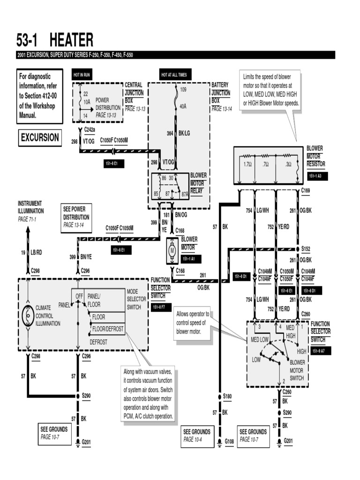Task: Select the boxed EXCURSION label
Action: (40, 138)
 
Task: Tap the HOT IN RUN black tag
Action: (81, 75)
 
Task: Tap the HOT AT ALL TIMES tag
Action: (174, 75)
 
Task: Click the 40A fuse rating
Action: (183, 106)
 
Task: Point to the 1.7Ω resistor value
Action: (248, 165)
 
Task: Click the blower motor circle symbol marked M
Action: (172, 251)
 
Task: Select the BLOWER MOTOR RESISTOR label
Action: (315, 156)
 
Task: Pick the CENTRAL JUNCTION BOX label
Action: (134, 93)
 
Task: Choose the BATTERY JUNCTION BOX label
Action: (220, 93)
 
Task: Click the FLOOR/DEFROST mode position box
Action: (108, 329)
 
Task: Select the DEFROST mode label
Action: (99, 342)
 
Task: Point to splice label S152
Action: (306, 248)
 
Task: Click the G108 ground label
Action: (229, 442)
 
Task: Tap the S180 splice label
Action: (227, 396)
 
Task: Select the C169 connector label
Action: (306, 190)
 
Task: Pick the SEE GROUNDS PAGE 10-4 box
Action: (197, 435)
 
